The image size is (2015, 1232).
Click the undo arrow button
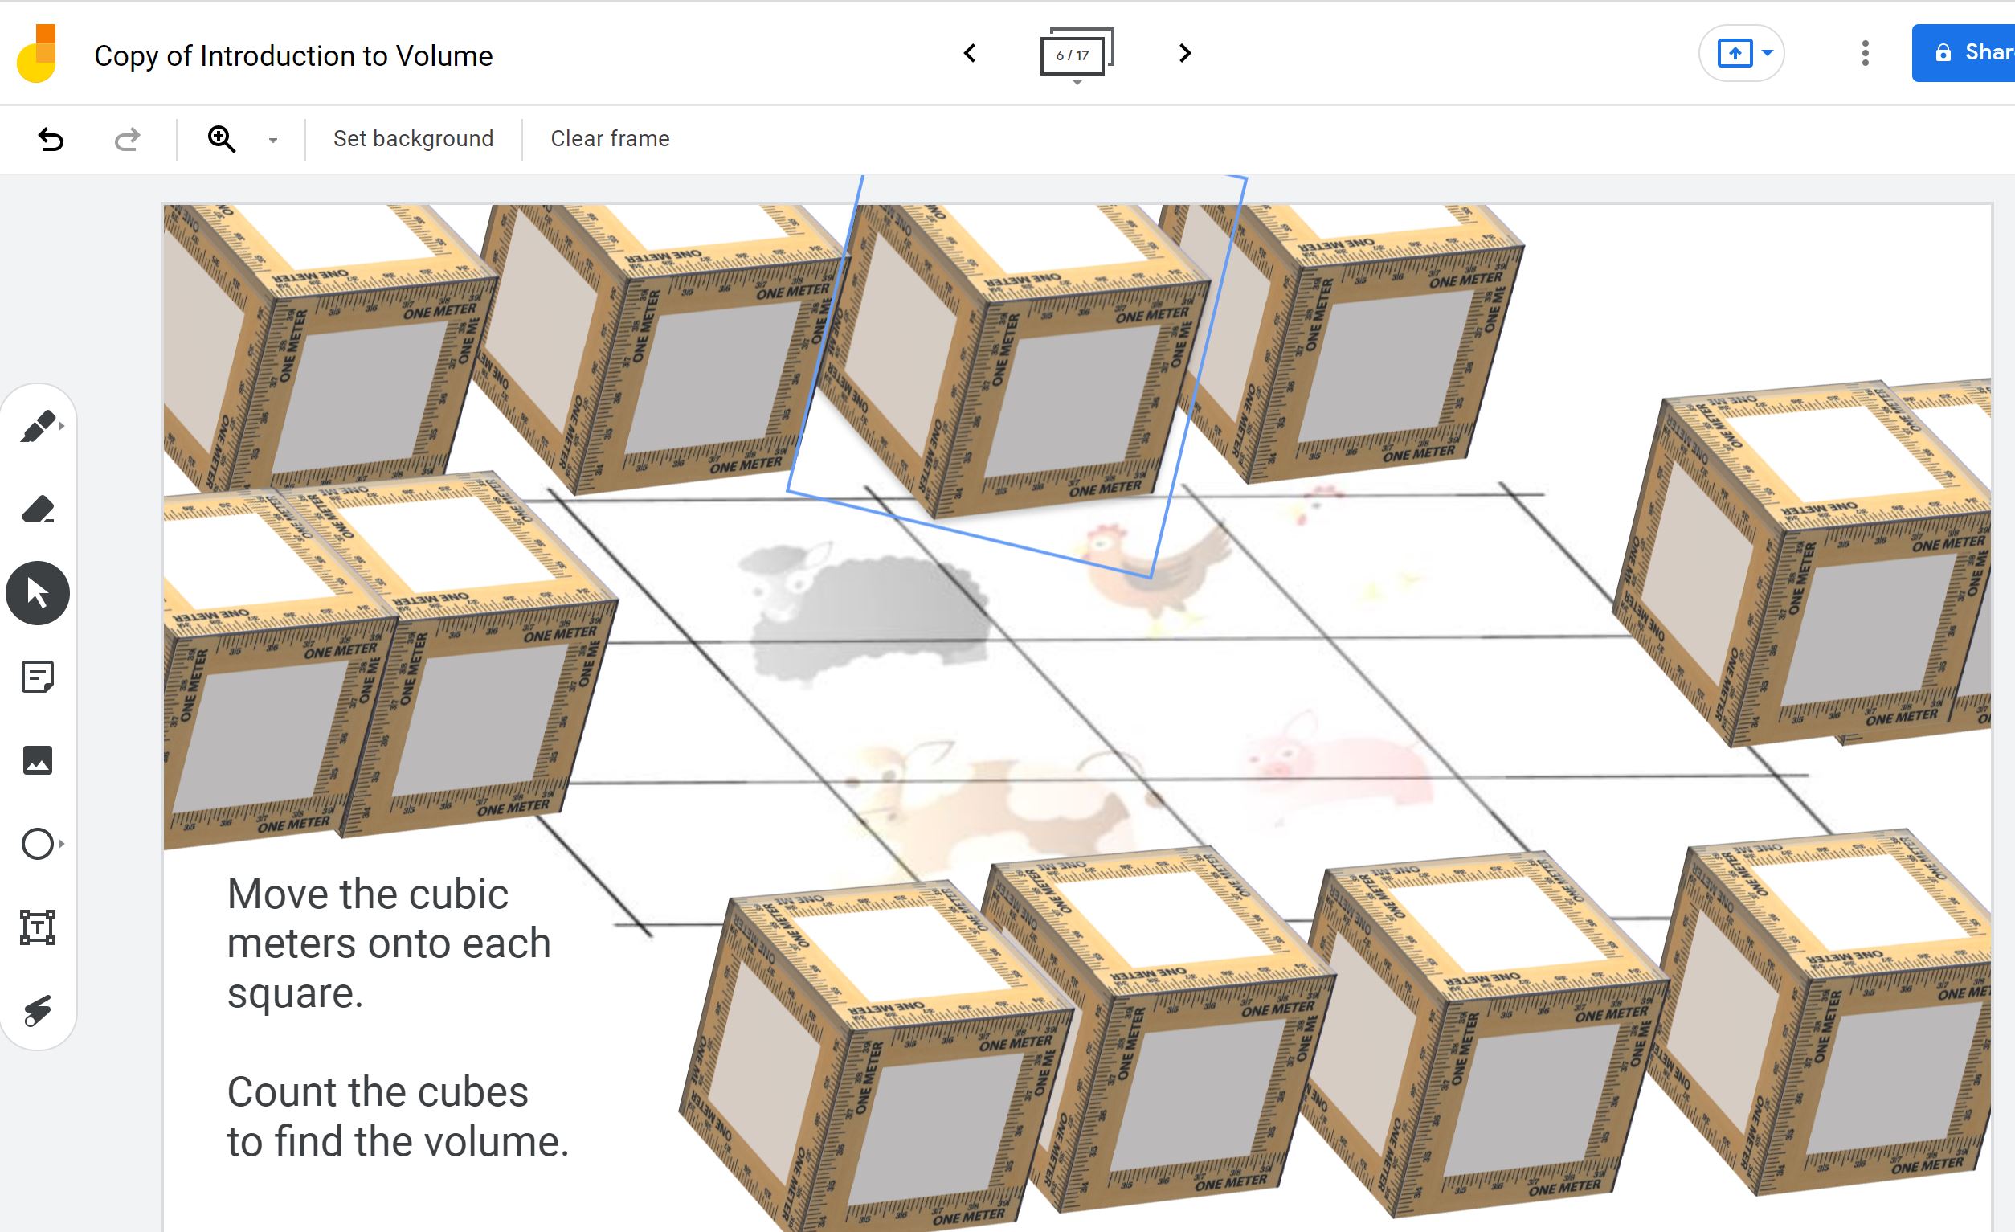click(51, 139)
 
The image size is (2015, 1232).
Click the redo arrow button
click(127, 139)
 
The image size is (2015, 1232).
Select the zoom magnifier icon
click(222, 139)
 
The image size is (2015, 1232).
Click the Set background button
click(413, 139)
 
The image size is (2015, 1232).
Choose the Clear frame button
click(609, 139)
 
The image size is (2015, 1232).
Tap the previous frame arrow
click(970, 54)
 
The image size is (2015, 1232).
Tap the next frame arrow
click(1184, 54)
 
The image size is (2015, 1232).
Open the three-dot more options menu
click(1865, 54)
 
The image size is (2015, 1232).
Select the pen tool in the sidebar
click(38, 426)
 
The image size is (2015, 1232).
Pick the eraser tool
click(38, 510)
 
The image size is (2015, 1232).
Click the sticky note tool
click(38, 677)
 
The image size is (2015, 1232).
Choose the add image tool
click(38, 761)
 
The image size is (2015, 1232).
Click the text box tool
click(38, 927)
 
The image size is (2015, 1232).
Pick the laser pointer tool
click(38, 1011)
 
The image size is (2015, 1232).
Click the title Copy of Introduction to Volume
click(292, 55)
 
